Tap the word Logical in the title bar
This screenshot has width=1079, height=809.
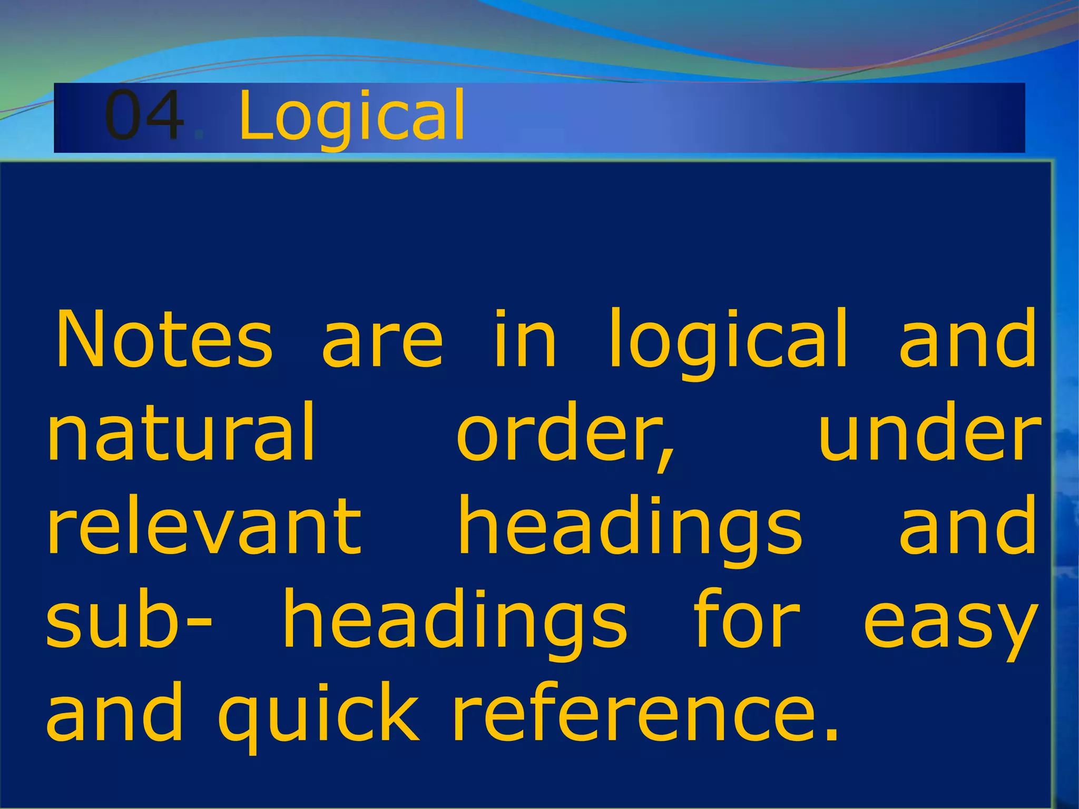click(352, 117)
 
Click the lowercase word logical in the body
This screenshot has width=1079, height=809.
click(728, 342)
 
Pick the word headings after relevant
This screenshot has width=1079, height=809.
click(630, 529)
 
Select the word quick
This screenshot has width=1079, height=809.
click(318, 716)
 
